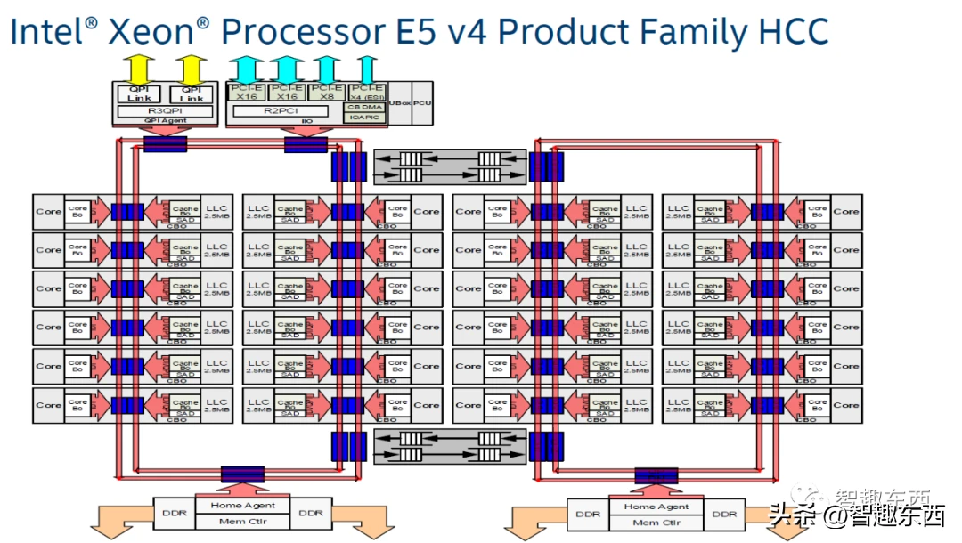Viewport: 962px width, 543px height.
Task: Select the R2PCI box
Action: tap(284, 111)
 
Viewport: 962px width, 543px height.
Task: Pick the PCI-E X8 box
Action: tap(327, 93)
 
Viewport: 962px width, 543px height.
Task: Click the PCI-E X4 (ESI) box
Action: tap(366, 93)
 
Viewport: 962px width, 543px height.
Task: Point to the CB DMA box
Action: tap(365, 107)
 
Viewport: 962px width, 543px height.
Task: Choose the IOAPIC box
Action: tap(365, 117)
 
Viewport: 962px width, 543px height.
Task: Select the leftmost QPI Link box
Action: tap(139, 93)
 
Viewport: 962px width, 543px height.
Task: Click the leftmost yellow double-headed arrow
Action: tap(139, 69)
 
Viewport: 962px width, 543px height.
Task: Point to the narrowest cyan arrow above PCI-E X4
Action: tap(365, 69)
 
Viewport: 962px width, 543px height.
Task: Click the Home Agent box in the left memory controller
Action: tap(243, 506)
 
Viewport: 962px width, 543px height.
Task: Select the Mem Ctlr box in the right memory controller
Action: tap(657, 523)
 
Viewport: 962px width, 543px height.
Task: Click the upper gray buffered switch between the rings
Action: tap(449, 166)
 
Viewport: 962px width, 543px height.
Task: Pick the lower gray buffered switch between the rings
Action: tap(449, 445)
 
